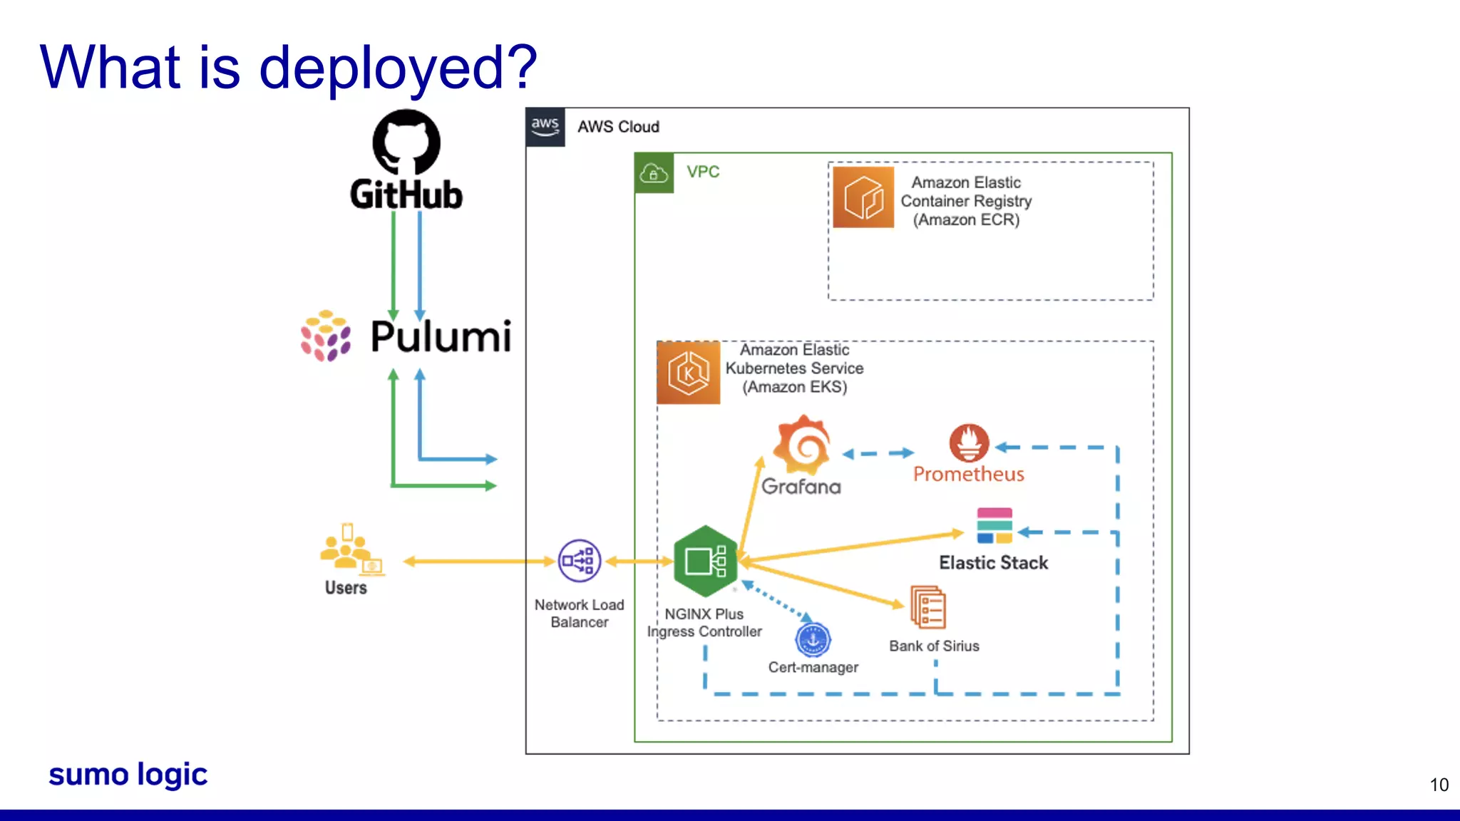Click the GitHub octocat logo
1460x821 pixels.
406,142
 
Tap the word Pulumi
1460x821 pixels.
441,336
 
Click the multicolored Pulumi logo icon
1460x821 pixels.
325,336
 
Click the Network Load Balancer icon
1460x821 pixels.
579,561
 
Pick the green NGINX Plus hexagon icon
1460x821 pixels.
705,562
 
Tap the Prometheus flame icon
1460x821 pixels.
969,443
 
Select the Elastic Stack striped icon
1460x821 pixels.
994,525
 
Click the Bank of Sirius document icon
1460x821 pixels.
928,607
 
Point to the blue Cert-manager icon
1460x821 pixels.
813,640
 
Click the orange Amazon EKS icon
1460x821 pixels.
689,373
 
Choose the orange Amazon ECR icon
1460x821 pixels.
863,197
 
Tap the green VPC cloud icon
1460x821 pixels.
654,172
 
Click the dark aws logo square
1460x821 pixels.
545,127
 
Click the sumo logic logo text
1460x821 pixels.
128,775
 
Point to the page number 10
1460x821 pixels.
1439,785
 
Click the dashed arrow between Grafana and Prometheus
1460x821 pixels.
878,453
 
